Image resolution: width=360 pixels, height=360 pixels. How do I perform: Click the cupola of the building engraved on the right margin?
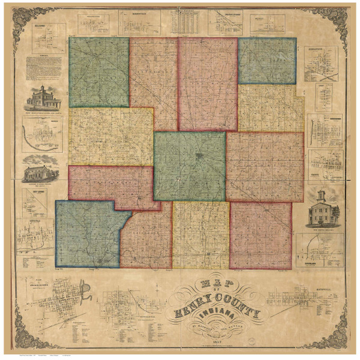(x=325, y=195)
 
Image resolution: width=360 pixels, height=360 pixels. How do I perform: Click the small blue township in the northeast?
(x=266, y=60)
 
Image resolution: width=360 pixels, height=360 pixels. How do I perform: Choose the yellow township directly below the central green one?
(x=201, y=234)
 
